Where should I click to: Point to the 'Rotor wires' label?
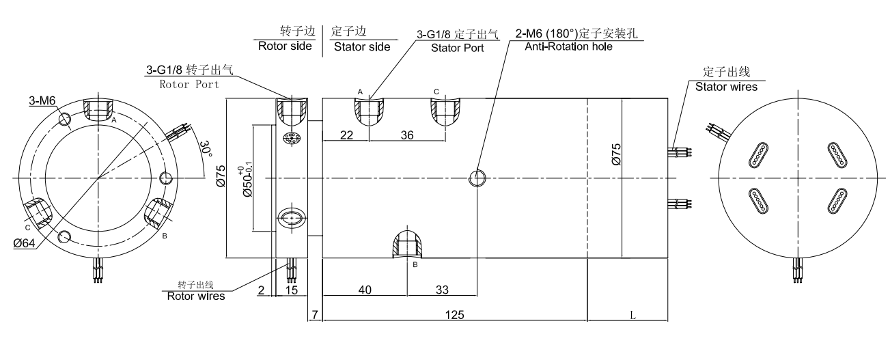click(195, 296)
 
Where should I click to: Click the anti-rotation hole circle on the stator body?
click(477, 178)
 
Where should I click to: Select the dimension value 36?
click(406, 135)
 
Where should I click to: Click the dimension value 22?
click(346, 135)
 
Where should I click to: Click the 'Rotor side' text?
click(284, 46)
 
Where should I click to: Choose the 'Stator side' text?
click(361, 46)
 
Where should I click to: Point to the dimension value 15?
click(291, 290)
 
